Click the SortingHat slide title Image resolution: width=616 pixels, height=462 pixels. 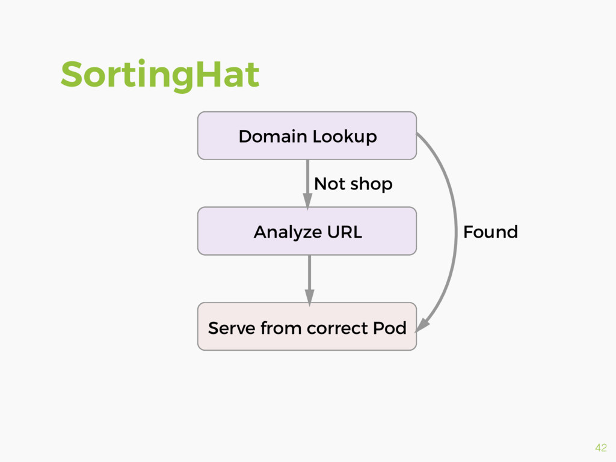pos(159,75)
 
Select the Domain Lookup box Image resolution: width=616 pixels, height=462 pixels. pos(307,135)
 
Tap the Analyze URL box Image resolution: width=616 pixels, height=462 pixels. pos(307,231)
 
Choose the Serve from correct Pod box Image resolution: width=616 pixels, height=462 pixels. pos(307,327)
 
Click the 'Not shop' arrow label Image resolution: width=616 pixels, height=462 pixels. pos(353,183)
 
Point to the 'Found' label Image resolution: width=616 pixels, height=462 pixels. pos(490,232)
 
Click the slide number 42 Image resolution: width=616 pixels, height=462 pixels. pos(600,447)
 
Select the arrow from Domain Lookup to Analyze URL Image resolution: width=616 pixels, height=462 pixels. pos(307,180)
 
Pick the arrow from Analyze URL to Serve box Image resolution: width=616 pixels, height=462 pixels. pos(309,277)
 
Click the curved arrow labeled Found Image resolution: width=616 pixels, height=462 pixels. pos(454,232)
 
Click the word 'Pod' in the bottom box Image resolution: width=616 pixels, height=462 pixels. pos(390,328)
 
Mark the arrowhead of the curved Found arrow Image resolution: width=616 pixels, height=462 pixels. pos(422,325)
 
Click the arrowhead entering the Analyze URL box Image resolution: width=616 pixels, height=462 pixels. pos(307,202)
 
